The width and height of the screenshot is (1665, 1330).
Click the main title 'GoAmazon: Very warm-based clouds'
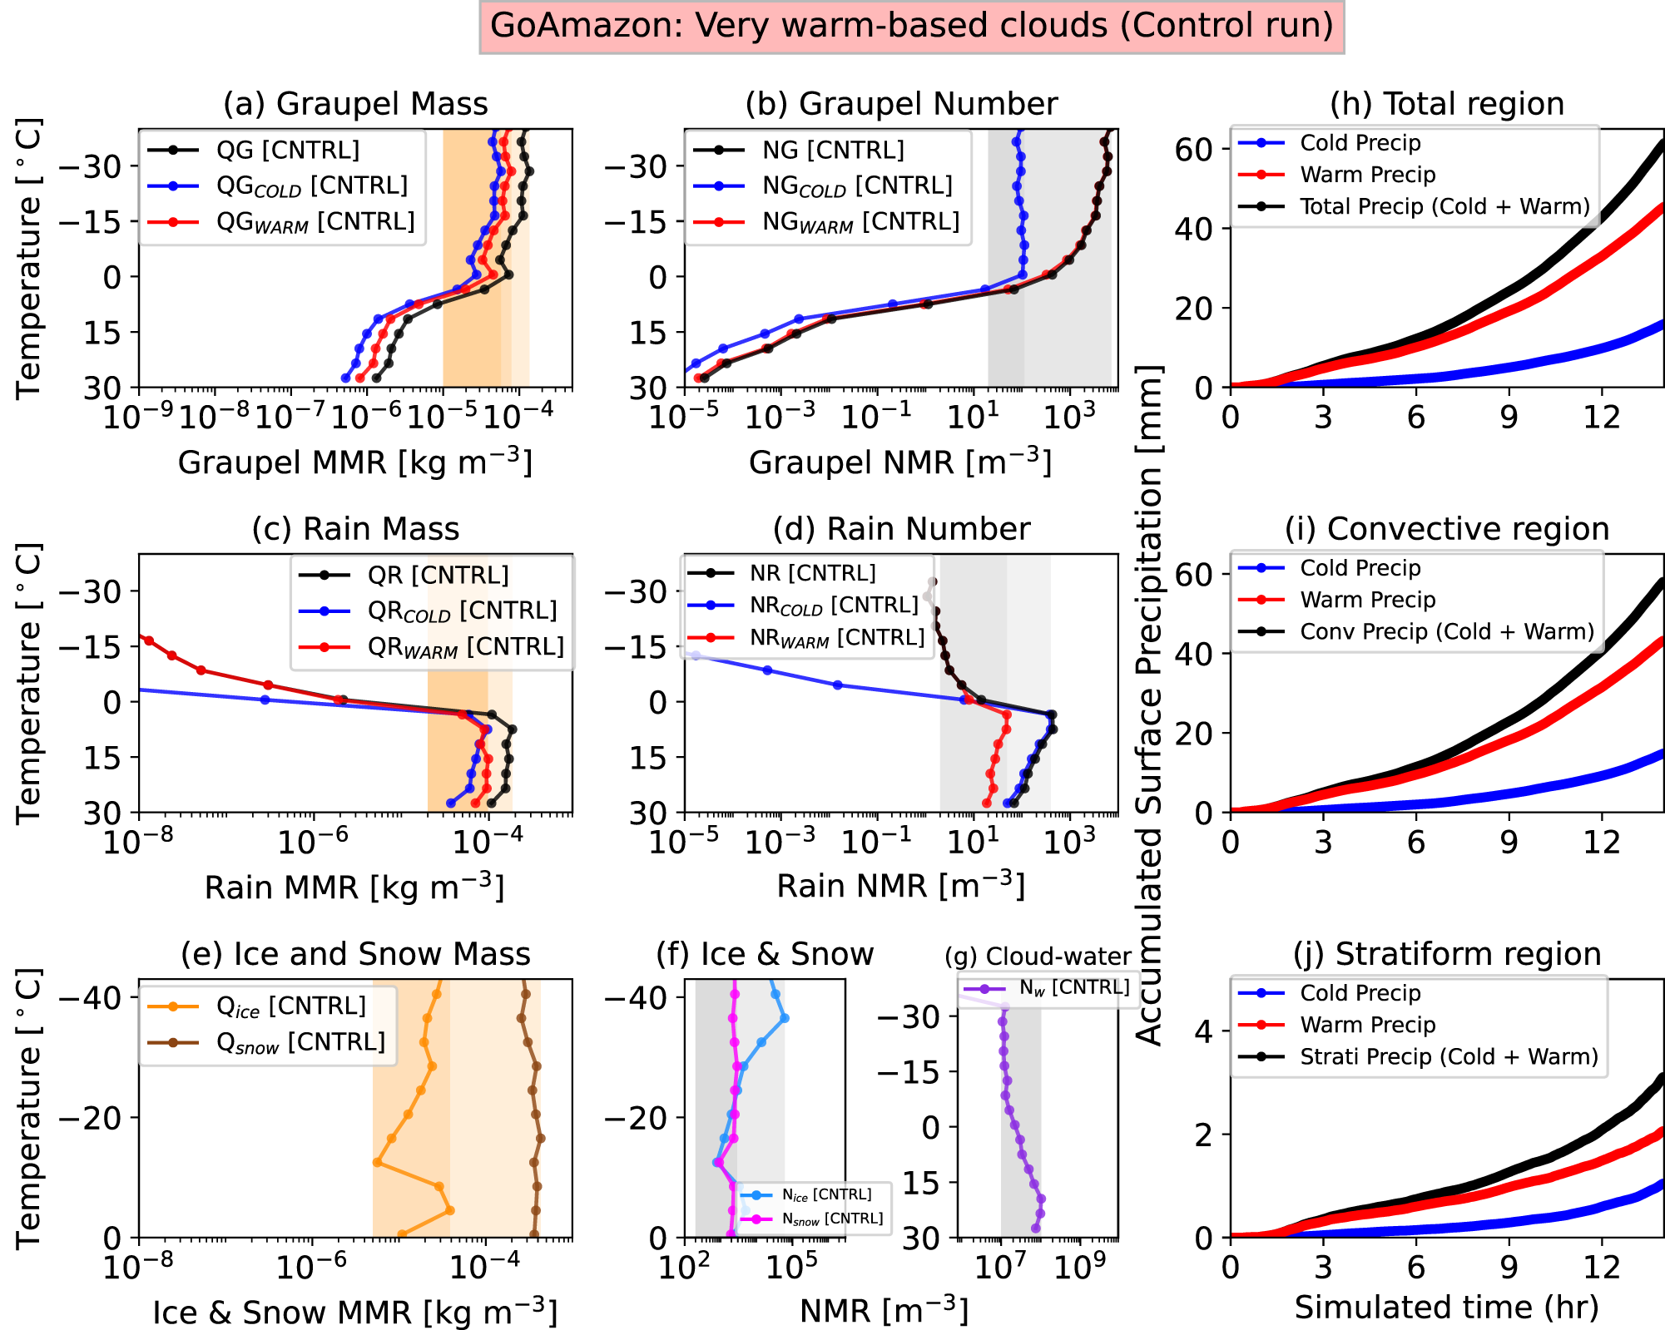click(911, 26)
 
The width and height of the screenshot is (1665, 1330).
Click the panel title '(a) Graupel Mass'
click(355, 104)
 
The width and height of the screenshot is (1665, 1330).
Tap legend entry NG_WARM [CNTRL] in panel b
click(860, 222)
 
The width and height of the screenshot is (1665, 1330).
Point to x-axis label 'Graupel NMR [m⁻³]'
click(899, 462)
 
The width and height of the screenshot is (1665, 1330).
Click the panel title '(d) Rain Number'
click(901, 529)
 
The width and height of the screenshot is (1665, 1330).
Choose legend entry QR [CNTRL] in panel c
click(438, 575)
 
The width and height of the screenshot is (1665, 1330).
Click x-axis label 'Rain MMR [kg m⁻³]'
click(354, 887)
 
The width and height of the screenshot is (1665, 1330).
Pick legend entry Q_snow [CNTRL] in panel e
click(300, 1042)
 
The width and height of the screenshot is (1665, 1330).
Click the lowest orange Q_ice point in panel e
click(402, 1235)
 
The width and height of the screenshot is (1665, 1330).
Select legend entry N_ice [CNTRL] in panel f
click(826, 1194)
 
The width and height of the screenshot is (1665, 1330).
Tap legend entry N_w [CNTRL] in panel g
click(1073, 988)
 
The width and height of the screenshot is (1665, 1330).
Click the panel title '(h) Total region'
click(1446, 104)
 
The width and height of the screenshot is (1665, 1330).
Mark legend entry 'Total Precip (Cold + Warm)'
click(1444, 206)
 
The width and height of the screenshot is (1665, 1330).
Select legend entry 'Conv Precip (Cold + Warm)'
click(1446, 631)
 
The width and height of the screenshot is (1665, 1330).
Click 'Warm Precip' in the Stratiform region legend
click(1367, 1025)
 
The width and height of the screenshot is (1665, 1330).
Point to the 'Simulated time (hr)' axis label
click(1446, 1307)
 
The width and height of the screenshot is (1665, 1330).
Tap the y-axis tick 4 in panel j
click(1203, 1031)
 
